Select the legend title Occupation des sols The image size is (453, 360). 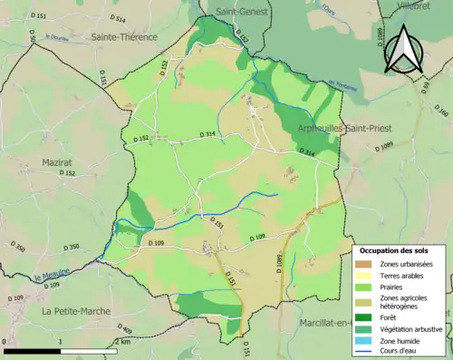[395, 250]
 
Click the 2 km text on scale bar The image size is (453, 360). [122, 342]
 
